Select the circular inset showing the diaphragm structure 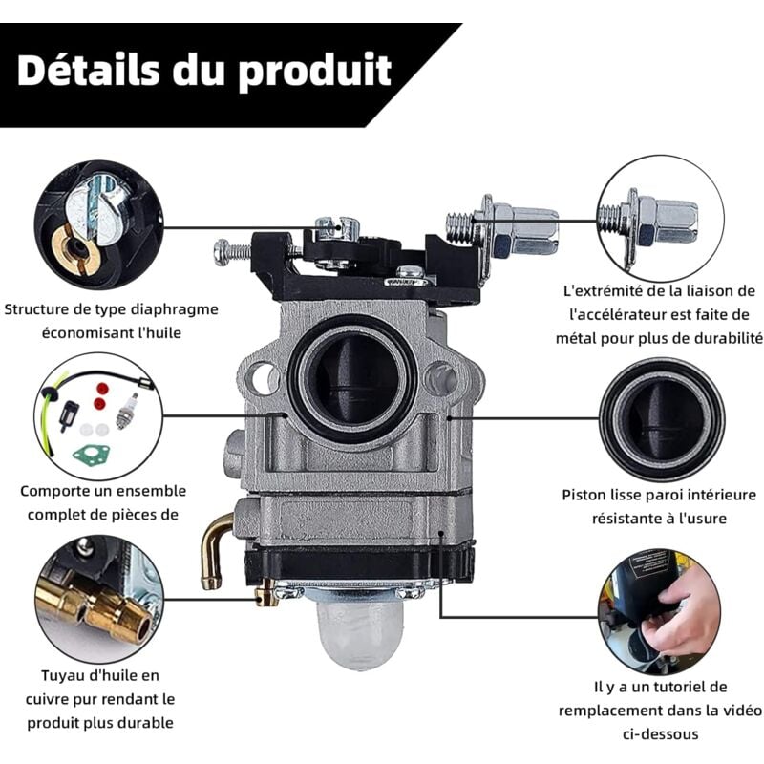tap(95, 224)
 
